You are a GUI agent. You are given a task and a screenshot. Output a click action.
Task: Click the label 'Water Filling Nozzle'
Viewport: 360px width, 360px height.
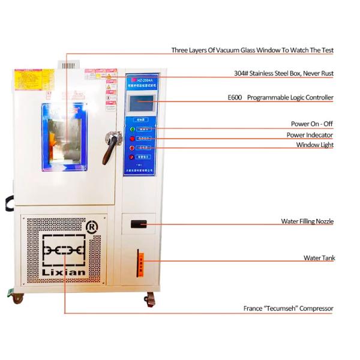[x=307, y=221]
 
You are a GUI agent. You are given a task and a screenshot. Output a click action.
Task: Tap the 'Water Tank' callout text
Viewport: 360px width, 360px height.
[x=319, y=258]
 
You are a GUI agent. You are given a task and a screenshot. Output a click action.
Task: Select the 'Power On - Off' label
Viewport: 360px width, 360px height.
[x=312, y=124]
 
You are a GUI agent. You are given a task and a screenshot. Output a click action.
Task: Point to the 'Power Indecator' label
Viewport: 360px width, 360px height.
[x=310, y=135]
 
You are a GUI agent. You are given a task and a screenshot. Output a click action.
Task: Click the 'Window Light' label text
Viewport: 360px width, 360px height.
[x=314, y=145]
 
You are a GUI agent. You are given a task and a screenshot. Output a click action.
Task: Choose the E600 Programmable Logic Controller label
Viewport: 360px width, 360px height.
[x=280, y=97]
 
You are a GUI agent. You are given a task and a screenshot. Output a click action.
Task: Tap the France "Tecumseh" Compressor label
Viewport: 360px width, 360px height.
[x=288, y=308]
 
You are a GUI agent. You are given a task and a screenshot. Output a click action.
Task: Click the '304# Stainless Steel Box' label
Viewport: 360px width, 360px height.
[x=283, y=73]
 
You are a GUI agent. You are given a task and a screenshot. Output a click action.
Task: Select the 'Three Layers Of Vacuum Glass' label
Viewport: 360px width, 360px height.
[x=252, y=50]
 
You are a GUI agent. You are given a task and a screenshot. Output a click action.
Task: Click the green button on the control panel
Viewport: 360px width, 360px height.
[x=133, y=128]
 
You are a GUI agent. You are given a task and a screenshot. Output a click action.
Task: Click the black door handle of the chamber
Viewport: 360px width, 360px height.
[x=110, y=148]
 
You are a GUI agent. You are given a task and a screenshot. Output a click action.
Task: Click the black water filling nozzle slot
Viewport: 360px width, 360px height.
[x=139, y=224]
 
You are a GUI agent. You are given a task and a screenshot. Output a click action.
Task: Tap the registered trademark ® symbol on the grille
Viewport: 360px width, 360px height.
[x=92, y=227]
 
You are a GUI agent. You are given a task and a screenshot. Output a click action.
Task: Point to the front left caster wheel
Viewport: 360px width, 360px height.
[x=18, y=297]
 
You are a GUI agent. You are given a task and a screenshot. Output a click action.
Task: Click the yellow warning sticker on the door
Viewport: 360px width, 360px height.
[x=43, y=77]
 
